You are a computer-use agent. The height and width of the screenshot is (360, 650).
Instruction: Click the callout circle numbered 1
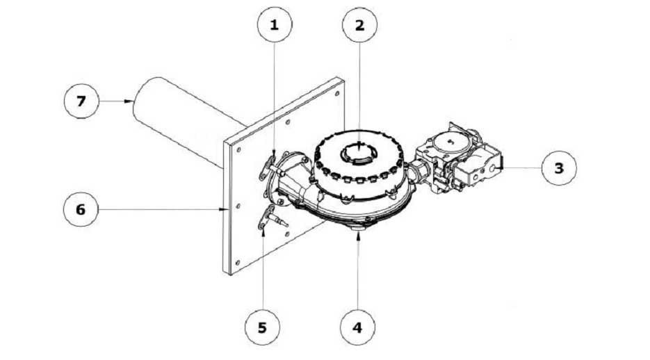(275, 24)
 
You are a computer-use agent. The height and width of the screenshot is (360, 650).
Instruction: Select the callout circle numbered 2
(359, 25)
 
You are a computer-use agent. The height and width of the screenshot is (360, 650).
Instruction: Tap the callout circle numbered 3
(559, 167)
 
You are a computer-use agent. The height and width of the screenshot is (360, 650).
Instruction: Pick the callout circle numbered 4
(357, 327)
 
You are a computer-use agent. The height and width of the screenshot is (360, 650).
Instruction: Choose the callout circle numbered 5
(262, 327)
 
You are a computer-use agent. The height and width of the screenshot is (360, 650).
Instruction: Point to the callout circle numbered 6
(81, 209)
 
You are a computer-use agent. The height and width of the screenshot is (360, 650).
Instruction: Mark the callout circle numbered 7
(81, 101)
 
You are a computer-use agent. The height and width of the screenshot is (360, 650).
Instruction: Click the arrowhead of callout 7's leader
(129, 101)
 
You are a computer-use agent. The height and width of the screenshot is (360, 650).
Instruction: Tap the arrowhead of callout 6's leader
(224, 210)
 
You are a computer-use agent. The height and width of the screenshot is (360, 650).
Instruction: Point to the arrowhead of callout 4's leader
(358, 236)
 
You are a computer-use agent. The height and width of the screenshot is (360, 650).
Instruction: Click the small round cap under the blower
(358, 227)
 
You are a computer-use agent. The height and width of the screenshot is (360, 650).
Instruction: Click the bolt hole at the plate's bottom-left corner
(237, 262)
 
